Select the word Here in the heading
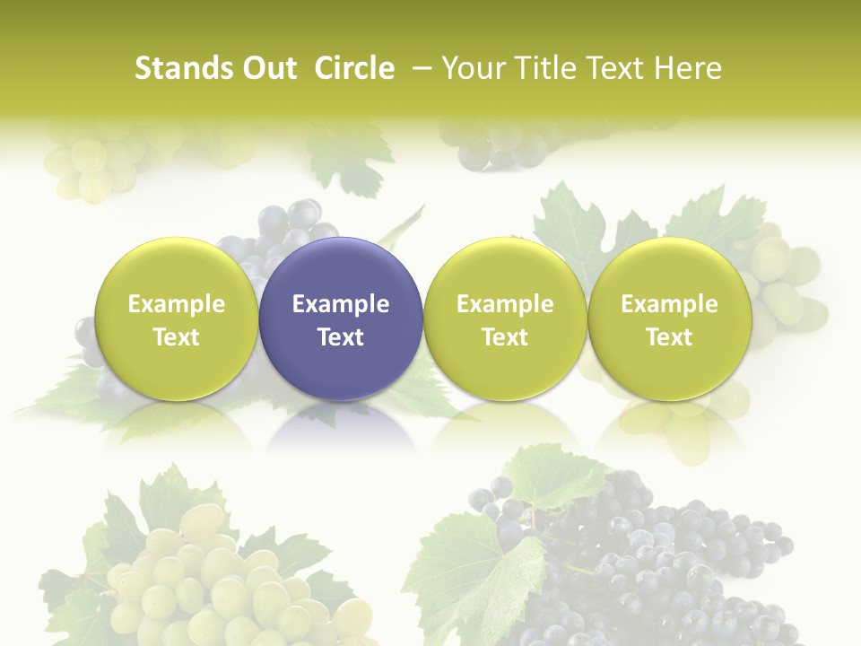tap(690, 68)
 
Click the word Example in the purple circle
tap(341, 304)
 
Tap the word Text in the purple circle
tap(341, 337)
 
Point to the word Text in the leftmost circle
tap(176, 337)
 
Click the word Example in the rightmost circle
tap(669, 304)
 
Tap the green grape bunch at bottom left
tap(215, 574)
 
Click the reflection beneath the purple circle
tap(341, 426)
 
